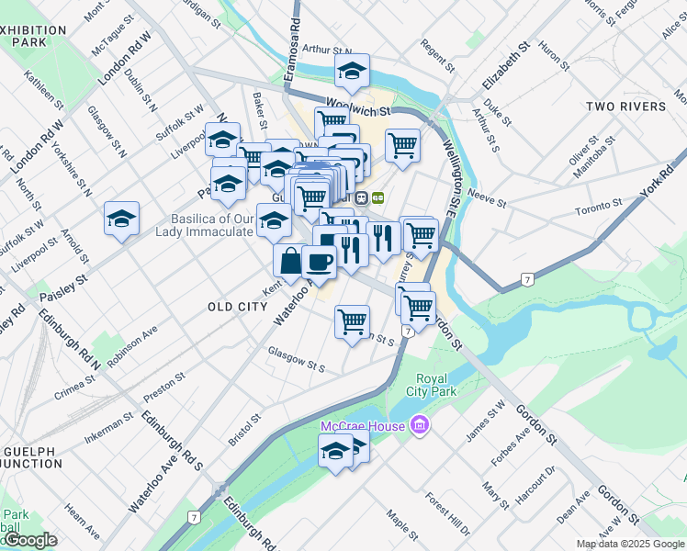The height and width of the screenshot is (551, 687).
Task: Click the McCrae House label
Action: pos(363,427)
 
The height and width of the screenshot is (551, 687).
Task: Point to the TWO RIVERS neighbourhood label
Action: pos(626,107)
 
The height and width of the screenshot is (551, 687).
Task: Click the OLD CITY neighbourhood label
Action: pos(237,307)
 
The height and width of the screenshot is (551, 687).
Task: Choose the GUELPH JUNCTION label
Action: pos(32,459)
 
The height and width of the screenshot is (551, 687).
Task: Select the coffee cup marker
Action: pos(319,263)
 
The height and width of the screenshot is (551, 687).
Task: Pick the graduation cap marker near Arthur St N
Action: pos(351,70)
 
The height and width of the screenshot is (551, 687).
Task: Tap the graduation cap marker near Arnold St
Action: pos(120,219)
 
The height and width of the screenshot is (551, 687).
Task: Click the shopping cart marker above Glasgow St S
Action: pos(353,322)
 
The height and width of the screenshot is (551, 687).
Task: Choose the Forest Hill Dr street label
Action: pos(448,514)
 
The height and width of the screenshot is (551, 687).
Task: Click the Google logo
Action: pos(30,540)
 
